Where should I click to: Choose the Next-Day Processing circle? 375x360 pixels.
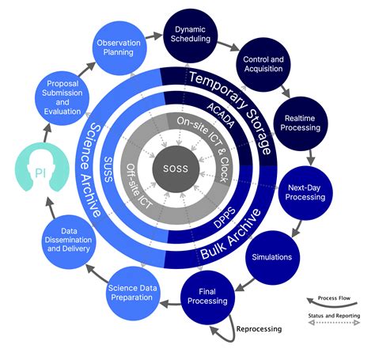(x=305, y=192)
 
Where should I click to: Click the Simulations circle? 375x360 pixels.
(x=271, y=257)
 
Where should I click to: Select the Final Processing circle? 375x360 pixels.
(x=208, y=296)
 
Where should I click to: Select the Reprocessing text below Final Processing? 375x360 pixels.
(x=260, y=328)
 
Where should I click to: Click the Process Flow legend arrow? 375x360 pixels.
(x=328, y=301)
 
